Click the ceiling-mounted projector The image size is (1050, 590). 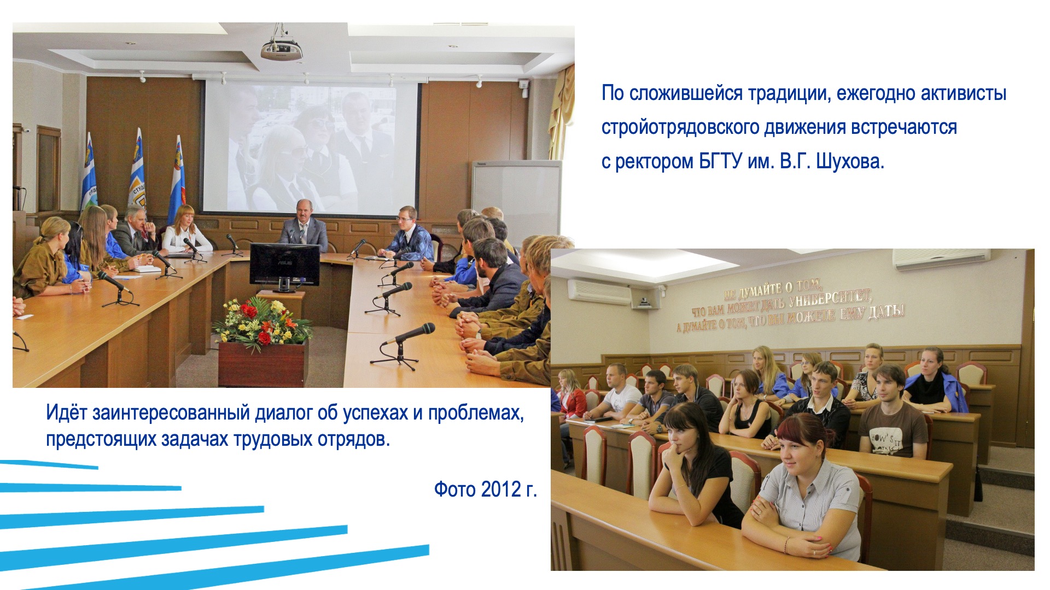tap(282, 48)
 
